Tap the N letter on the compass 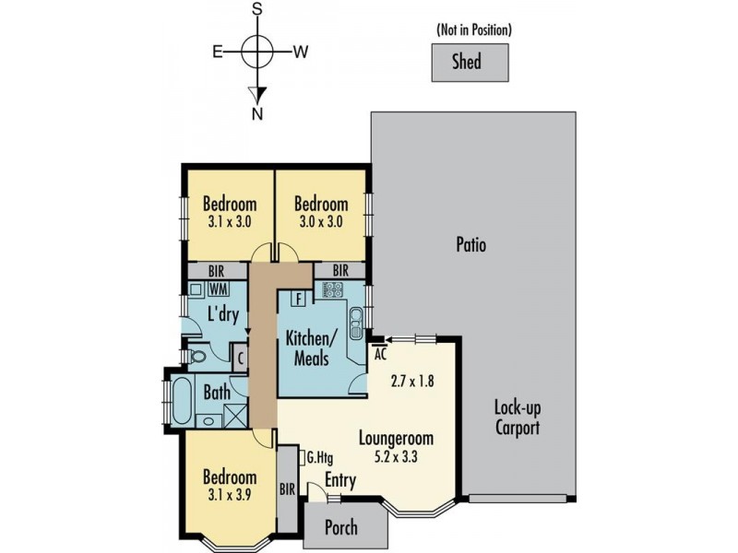(258, 114)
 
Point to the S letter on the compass (258, 8)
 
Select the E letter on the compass (219, 53)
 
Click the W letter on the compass (301, 53)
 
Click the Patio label (470, 245)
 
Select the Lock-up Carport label (517, 418)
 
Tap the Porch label (338, 528)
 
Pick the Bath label (217, 393)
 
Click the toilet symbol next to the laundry (198, 356)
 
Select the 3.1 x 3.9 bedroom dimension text (230, 495)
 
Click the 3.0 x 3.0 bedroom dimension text (321, 222)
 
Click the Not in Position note (473, 30)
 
